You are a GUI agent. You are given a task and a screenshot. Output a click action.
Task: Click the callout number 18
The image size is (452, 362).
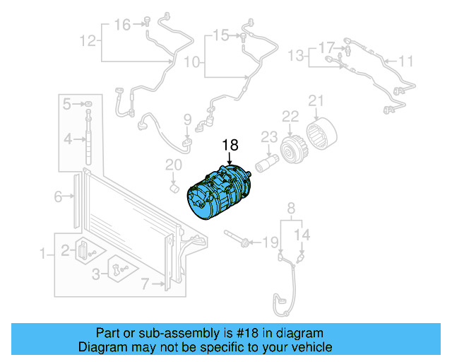[231, 145]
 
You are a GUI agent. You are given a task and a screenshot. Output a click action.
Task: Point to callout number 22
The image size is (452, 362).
[291, 116]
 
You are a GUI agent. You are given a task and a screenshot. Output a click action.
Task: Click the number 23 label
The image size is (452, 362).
[269, 136]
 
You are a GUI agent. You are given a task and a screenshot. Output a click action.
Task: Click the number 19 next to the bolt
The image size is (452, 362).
[271, 243]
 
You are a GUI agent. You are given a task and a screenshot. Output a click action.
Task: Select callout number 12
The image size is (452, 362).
[87, 42]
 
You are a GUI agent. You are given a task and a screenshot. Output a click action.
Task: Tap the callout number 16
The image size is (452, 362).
[122, 25]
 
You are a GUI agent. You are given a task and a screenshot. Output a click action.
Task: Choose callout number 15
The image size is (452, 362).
[220, 35]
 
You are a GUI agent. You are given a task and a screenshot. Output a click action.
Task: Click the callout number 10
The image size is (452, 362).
[192, 63]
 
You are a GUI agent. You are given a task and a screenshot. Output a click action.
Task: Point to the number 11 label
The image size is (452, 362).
[405, 62]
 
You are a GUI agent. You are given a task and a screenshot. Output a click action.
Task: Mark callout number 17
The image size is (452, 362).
[326, 47]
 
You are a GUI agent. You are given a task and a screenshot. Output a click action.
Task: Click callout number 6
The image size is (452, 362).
[59, 197]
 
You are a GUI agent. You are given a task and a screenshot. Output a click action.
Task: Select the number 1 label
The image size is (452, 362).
[42, 253]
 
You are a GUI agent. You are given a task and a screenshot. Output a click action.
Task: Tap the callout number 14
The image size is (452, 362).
[302, 234]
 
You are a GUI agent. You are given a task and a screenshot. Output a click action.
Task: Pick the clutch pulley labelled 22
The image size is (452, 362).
[290, 151]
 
